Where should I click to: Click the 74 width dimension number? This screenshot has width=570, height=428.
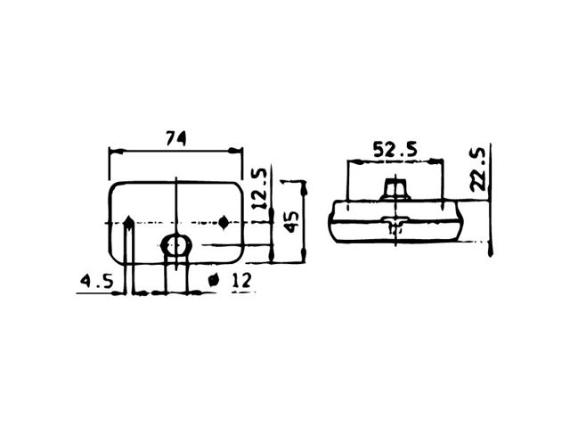click(176, 138)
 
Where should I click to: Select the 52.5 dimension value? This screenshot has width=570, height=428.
click(395, 149)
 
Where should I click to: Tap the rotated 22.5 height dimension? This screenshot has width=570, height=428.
click(477, 169)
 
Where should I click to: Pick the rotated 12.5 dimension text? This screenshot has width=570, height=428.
click(260, 189)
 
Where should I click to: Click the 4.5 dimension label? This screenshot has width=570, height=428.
click(97, 282)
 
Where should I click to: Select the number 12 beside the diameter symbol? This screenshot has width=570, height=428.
click(242, 281)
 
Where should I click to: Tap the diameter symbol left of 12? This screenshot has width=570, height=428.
click(213, 280)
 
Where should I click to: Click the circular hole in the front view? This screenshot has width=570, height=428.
click(176, 246)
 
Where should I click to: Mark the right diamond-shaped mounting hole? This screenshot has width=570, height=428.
click(224, 222)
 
